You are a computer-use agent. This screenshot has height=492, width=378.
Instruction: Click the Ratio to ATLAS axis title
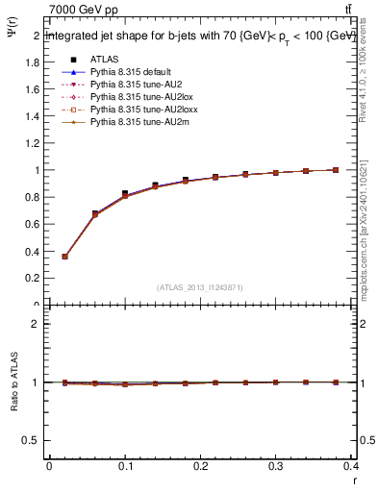pyautogui.click(x=13, y=381)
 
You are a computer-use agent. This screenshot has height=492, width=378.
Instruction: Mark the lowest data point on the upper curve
pyautogui.click(x=64, y=257)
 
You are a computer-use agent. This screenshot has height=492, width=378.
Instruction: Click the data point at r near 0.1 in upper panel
pyautogui.click(x=125, y=194)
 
